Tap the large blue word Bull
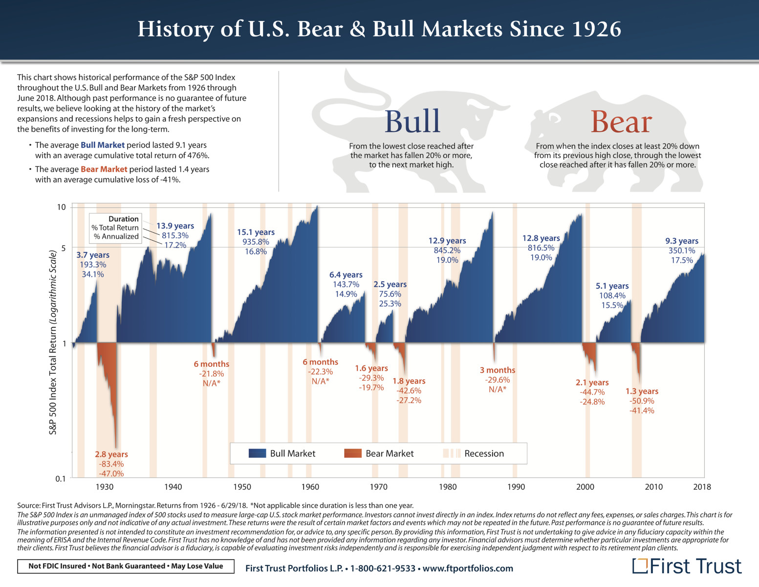coord(412,121)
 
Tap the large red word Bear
coord(621,121)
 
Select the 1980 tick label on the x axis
coord(448,487)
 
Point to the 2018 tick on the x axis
coord(702,487)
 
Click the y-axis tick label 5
coord(63,248)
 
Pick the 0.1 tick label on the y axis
coord(60,479)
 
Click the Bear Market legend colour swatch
coord(352,453)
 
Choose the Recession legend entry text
coord(484,453)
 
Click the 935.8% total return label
coord(256,242)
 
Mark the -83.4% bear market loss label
coord(111,464)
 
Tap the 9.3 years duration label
coord(682,241)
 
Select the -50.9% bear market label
coord(642,401)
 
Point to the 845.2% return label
coord(447,250)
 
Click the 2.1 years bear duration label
coord(592,383)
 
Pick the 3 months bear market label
coord(498,370)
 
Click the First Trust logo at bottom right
coord(687,566)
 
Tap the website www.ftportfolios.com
coord(468,568)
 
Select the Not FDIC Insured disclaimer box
coord(126,566)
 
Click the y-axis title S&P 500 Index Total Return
coord(53,342)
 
